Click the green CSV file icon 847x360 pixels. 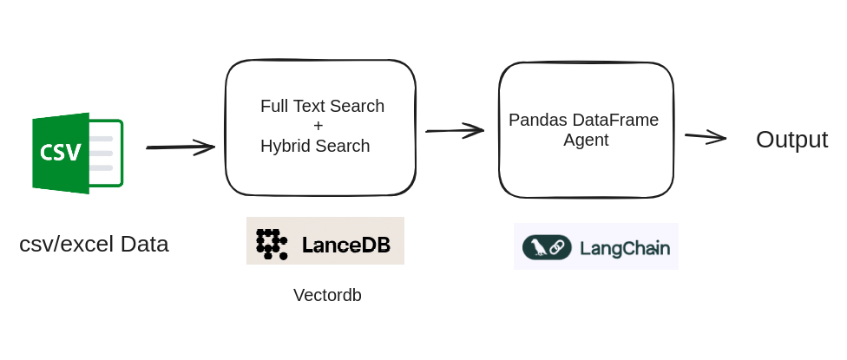tap(77, 154)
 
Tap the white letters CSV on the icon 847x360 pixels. tap(61, 153)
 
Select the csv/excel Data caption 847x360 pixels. tap(94, 244)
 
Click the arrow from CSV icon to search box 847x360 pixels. tap(181, 147)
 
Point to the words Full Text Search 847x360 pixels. tap(322, 106)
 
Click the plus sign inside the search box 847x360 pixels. tap(318, 126)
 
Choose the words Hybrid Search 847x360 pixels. tap(315, 146)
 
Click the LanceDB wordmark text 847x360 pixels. tap(346, 245)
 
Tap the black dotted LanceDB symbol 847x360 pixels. tap(272, 244)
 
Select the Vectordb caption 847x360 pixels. tap(327, 295)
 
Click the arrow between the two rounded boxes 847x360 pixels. tap(455, 130)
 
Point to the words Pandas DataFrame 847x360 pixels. tap(583, 120)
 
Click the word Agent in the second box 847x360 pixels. tap(586, 140)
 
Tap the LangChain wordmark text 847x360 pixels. tap(624, 248)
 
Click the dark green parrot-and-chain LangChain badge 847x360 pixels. tap(547, 247)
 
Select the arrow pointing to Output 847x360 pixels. tap(705, 136)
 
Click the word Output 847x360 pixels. tap(791, 140)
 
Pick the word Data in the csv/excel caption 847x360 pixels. tap(144, 244)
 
